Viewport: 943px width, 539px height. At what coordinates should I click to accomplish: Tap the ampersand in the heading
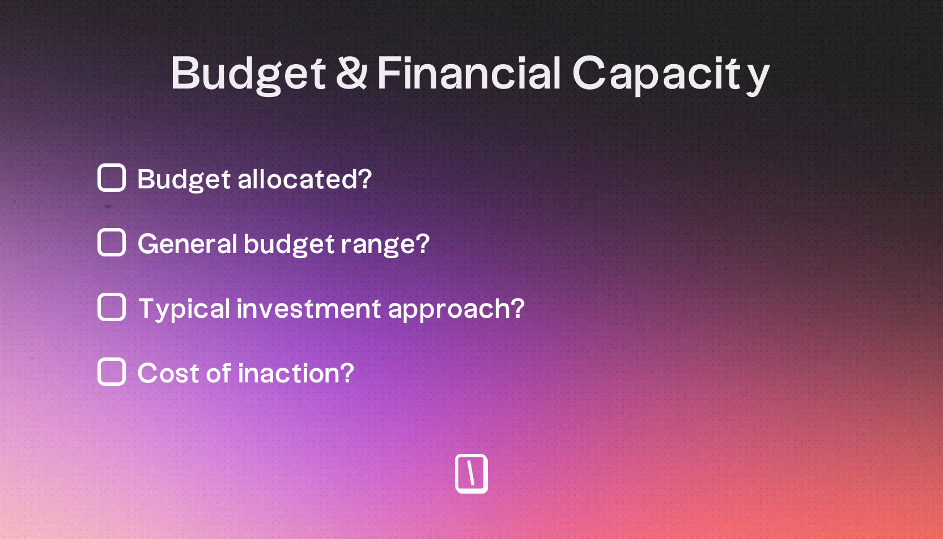click(x=352, y=73)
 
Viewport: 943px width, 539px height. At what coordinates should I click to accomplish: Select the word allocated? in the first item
click(x=305, y=179)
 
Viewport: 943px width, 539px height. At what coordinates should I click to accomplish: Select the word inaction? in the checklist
click(x=296, y=373)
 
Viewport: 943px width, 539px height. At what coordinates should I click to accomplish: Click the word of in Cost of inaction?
click(x=219, y=373)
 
